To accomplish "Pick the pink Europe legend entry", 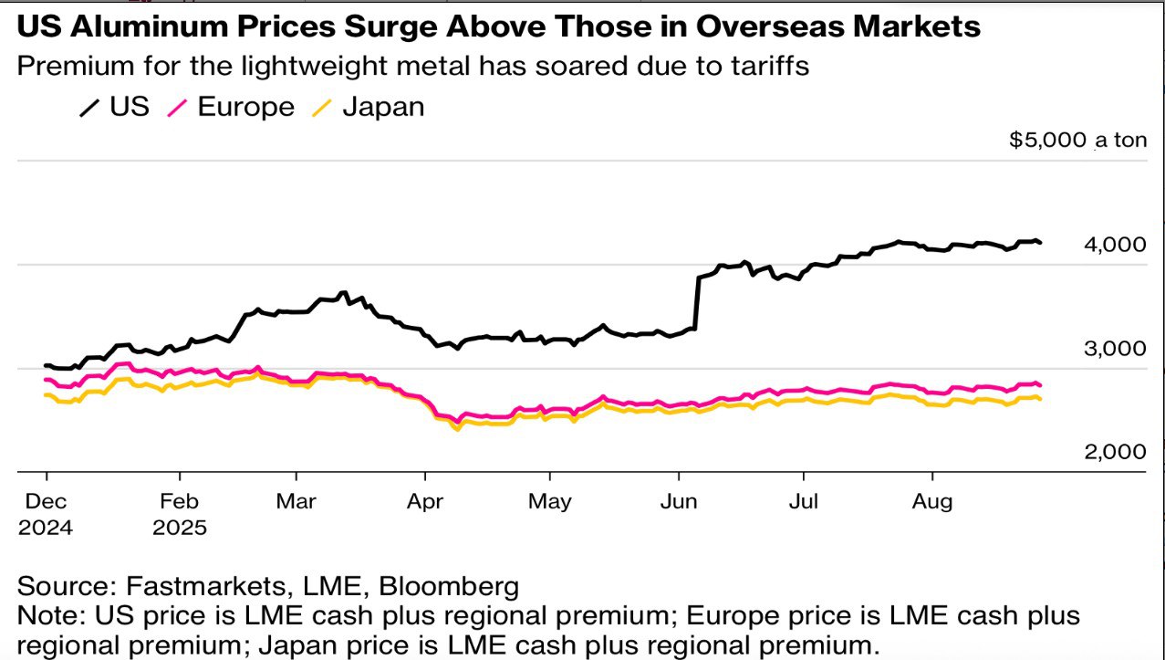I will click(232, 108).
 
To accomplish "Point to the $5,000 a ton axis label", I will click(1077, 141).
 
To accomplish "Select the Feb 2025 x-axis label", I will click(180, 514).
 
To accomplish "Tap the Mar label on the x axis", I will click(296, 501).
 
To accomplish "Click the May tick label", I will click(550, 501).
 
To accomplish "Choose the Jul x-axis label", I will click(803, 501).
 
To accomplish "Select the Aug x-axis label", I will click(932, 501).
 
